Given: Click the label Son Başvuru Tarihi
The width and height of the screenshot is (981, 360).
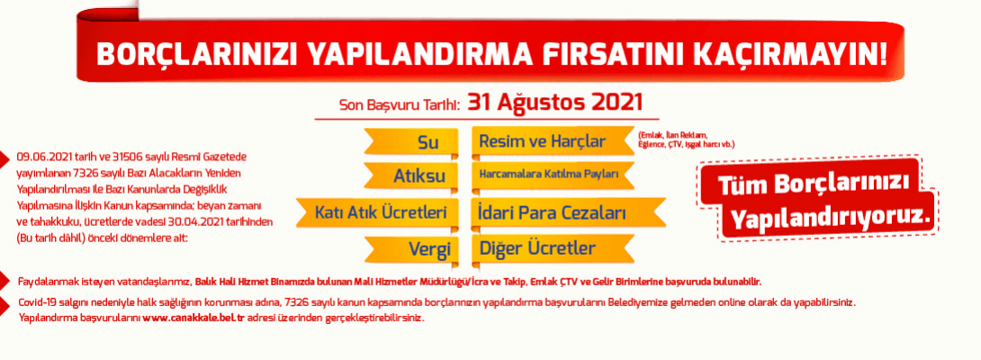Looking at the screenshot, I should pos(400,104).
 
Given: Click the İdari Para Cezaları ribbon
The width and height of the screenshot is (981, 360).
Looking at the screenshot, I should pos(551,213).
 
